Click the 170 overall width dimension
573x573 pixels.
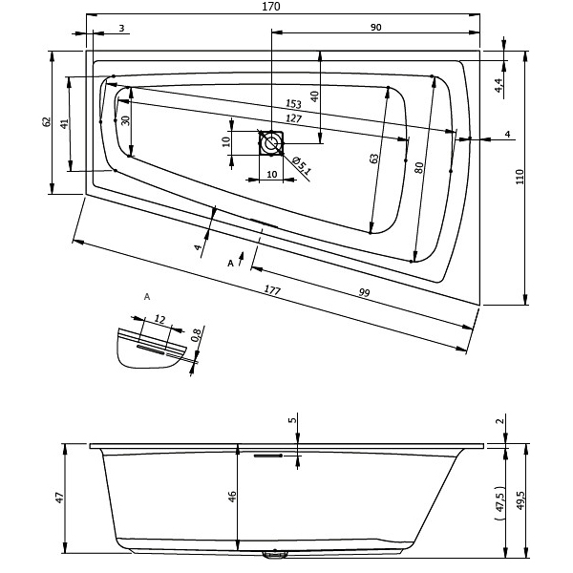[x=271, y=7]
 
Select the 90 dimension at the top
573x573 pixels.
[x=375, y=28]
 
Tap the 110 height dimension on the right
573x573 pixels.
[x=520, y=177]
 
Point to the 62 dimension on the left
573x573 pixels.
[x=47, y=121]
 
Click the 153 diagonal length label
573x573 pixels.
[x=293, y=104]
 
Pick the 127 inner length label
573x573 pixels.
[x=293, y=118]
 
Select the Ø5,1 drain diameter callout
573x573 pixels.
[x=302, y=165]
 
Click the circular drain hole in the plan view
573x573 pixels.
[x=271, y=143]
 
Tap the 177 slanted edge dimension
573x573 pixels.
[x=272, y=290]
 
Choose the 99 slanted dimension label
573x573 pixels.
[x=365, y=292]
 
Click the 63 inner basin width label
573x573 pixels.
[x=373, y=159]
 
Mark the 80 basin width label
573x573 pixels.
[x=419, y=168]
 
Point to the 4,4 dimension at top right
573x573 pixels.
[x=499, y=86]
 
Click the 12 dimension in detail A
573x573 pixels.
[x=159, y=319]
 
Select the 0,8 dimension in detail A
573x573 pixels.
[x=196, y=335]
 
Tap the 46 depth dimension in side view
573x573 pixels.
[x=232, y=497]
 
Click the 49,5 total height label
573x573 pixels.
[x=520, y=499]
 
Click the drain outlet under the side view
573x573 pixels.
[x=274, y=555]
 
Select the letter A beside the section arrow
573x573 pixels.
[x=230, y=264]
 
